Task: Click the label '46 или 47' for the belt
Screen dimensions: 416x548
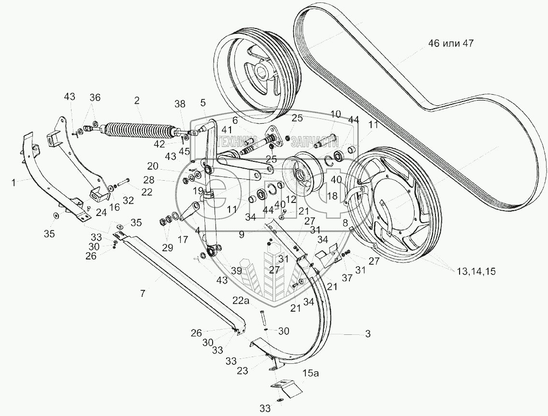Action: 450,43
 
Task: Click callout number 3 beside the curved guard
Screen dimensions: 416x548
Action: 368,334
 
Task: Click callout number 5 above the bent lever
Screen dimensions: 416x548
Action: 203,102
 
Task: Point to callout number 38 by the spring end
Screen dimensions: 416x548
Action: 180,103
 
